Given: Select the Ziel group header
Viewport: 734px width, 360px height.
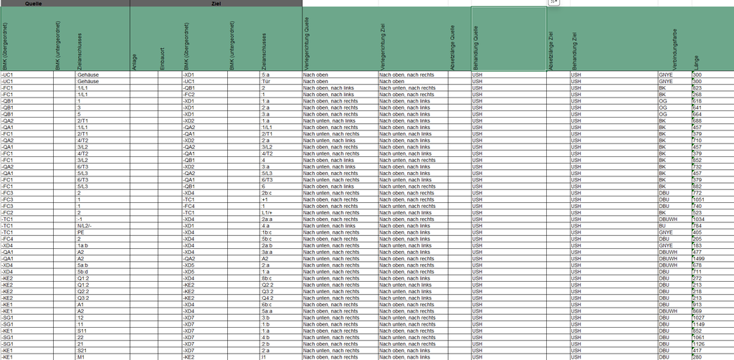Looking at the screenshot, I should tap(216, 3).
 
